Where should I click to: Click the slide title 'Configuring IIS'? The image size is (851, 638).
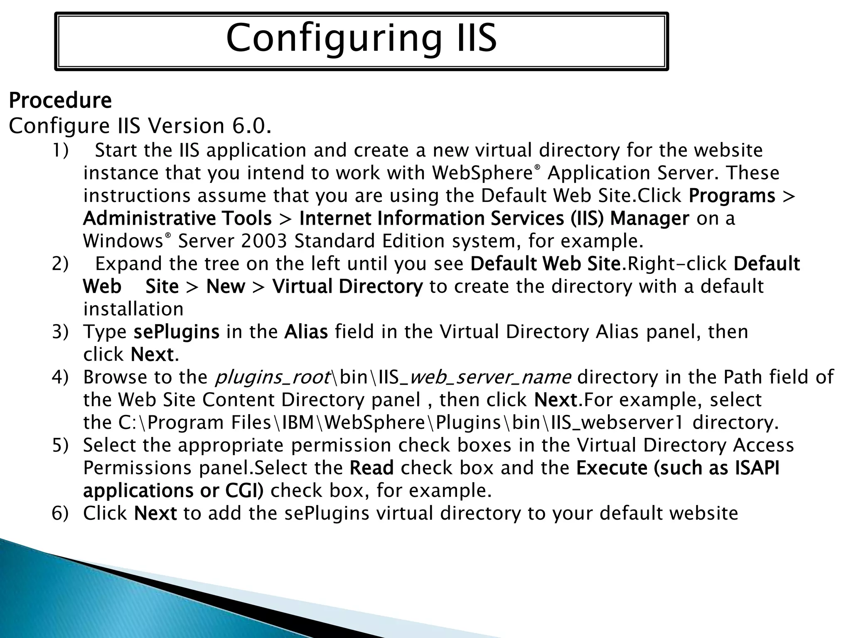tap(361, 38)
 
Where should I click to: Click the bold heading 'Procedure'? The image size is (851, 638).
tap(60, 101)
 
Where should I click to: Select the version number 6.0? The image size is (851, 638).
tap(251, 126)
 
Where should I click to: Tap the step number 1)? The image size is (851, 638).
tap(60, 150)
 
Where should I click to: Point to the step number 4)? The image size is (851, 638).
tap(60, 377)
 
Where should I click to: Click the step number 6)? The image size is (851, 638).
tap(60, 513)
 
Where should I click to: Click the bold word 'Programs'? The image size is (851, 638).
tap(732, 196)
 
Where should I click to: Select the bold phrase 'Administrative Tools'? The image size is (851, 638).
tap(177, 218)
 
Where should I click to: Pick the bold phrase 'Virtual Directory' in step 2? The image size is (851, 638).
tap(347, 287)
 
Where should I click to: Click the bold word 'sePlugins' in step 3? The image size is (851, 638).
tap(176, 332)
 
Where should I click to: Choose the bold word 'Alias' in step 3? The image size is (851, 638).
tap(306, 332)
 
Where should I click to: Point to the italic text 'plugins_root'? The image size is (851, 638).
tap(273, 377)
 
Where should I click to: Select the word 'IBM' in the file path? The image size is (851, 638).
tap(298, 423)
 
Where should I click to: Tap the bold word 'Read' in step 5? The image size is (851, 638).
tap(371, 468)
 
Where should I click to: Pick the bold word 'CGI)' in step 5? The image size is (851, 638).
tap(244, 491)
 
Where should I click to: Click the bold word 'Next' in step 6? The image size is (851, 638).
tap(155, 513)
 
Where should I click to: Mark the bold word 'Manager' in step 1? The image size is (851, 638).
tap(649, 218)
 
